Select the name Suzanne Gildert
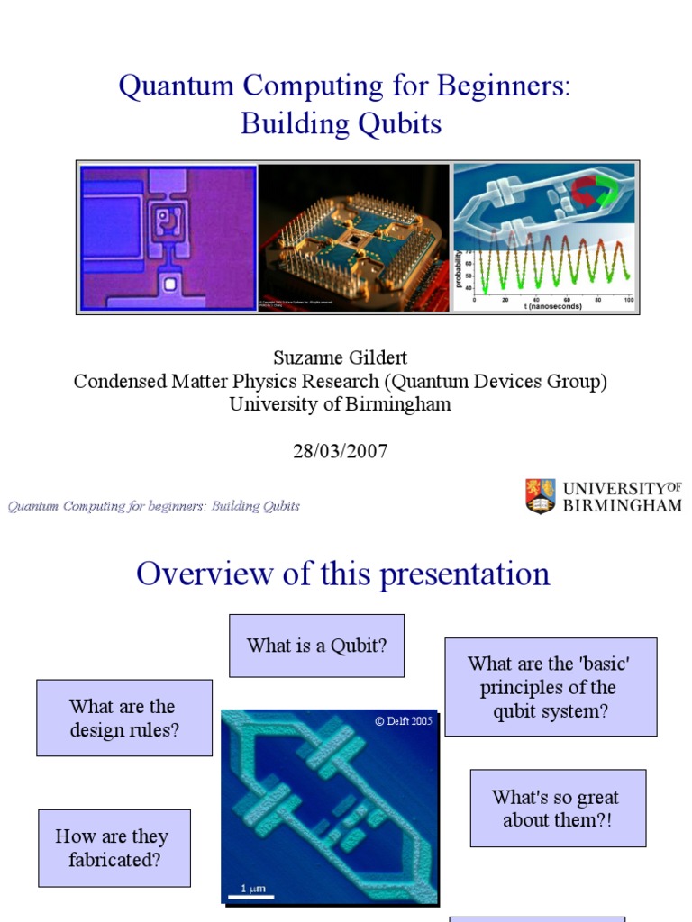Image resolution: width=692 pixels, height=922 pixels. coord(340,357)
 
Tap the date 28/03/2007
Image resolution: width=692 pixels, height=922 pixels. coord(340,451)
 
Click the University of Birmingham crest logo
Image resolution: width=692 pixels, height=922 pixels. coord(540,496)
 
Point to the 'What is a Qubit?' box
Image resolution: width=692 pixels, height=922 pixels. coord(316,646)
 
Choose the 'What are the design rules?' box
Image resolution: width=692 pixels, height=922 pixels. coord(124,718)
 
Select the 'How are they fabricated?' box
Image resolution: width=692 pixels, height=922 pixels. coord(114,847)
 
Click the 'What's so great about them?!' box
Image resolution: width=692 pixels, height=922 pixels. coord(558,808)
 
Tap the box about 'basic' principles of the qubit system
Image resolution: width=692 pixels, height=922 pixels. coord(551,687)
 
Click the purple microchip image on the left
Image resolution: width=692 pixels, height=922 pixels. coord(168,238)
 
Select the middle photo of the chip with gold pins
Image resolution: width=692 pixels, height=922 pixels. coord(355,238)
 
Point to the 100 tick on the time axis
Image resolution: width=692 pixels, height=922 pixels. coord(628,299)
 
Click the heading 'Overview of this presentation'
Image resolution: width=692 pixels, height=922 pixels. coord(342,574)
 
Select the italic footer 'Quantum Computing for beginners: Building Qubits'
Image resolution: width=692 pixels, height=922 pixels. coord(154,506)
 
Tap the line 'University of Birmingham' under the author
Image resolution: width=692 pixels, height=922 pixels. coord(340,404)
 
